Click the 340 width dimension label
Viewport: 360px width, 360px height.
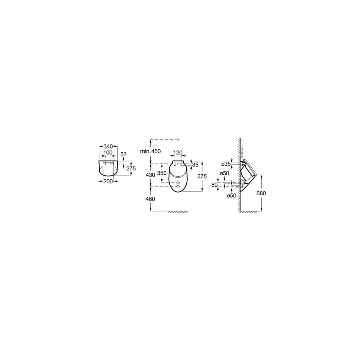click(108, 146)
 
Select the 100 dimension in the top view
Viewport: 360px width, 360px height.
click(108, 153)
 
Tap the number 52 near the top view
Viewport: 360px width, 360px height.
click(124, 154)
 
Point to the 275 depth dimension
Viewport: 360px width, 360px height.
click(131, 168)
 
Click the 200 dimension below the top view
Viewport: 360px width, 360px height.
click(108, 181)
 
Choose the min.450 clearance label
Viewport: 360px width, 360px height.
click(150, 151)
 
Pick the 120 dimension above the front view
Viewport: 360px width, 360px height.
click(178, 153)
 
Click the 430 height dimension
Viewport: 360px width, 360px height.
click(150, 175)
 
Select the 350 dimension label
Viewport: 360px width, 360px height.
click(162, 173)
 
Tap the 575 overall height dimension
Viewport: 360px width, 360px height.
click(202, 176)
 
